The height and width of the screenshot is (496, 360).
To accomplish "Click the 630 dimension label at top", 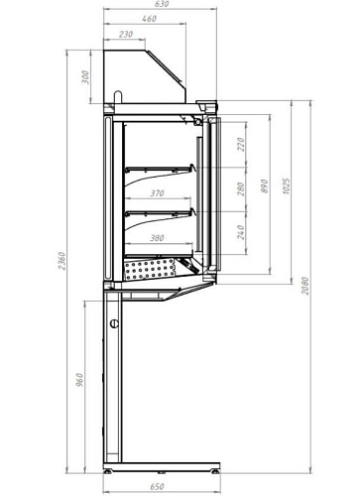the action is tap(162, 4).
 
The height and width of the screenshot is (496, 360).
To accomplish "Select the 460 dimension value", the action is tap(149, 19).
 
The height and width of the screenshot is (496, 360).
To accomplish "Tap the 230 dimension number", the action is tap(126, 35).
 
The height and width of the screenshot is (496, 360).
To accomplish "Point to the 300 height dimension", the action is tap(85, 77).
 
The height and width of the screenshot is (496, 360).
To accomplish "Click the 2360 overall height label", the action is tap(62, 261).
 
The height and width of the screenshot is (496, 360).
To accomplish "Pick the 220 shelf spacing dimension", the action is tap(241, 145).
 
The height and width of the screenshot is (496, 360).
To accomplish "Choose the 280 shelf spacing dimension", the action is tap(241, 188).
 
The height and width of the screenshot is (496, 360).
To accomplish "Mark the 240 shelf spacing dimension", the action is tap(241, 232).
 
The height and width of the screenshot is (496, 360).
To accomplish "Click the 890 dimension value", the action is tap(265, 186).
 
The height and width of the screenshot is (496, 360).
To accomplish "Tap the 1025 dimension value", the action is tap(287, 186).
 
